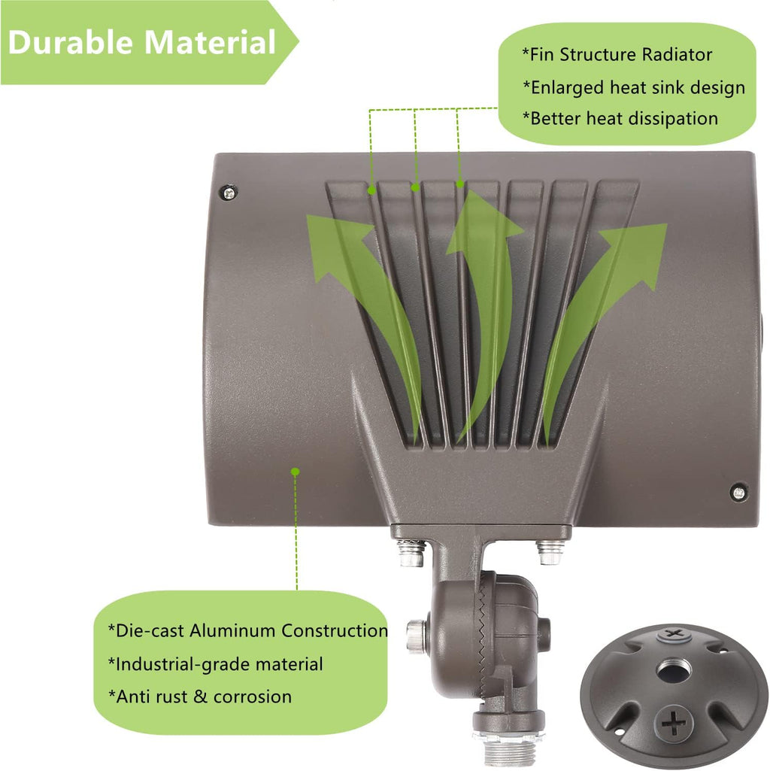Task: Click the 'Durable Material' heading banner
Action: coord(147,42)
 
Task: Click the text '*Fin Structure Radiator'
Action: coord(617,55)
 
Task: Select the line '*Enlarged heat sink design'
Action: coord(634,87)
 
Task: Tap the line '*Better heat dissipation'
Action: coord(620,119)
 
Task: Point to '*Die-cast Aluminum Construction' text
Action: coord(248,630)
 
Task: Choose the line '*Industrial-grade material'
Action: coord(215,664)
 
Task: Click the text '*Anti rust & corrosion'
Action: coord(199,697)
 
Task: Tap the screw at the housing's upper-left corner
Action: coord(229,193)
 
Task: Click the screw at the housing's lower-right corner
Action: coord(738,492)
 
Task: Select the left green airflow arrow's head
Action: coord(339,246)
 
